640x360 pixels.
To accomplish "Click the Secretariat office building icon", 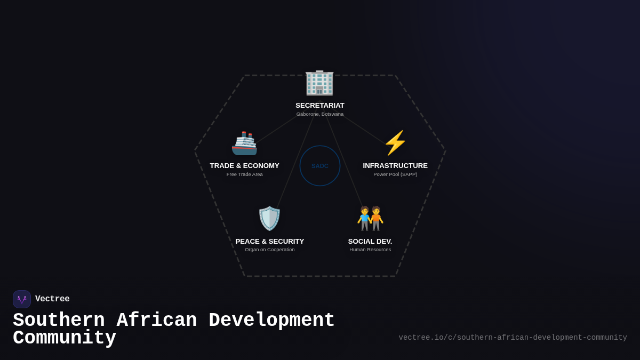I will (319, 83).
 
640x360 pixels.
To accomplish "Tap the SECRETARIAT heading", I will (320, 106).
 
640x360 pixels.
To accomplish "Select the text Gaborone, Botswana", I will (320, 114).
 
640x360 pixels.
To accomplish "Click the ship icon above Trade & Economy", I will (244, 143).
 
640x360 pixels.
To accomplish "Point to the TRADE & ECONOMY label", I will (244, 166).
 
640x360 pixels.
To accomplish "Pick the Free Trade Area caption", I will (244, 174).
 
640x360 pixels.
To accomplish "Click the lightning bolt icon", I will (395, 143).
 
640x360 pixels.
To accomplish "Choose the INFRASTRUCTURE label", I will (395, 166).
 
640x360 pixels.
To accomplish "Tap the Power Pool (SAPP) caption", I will (395, 174).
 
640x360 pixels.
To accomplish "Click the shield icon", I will (269, 219).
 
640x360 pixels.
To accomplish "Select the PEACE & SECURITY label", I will (270, 242).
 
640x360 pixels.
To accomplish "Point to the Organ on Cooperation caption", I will (270, 250).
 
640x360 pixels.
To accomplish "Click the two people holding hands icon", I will (370, 219).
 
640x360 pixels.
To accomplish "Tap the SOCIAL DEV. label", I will (370, 242).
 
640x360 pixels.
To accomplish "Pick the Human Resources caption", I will (370, 250).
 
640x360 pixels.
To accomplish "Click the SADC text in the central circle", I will (320, 166).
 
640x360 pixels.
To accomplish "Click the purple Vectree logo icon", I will (22, 299).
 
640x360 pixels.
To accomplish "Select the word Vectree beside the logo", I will (52, 299).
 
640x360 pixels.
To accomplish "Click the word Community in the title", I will (65, 338).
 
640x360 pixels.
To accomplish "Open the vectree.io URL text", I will (513, 338).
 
